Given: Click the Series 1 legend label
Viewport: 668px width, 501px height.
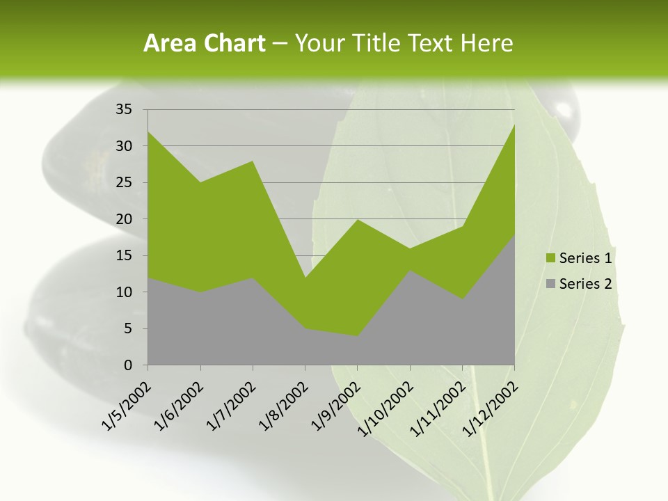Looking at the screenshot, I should pyautogui.click(x=585, y=258).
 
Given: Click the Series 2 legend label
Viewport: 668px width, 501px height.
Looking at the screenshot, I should pyautogui.click(x=585, y=283).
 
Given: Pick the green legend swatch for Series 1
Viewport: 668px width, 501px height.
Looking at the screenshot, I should pyautogui.click(x=551, y=258).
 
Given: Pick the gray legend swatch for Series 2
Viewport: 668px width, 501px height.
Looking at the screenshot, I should pyautogui.click(x=551, y=283).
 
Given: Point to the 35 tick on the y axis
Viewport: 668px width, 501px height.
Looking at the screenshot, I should pyautogui.click(x=124, y=109).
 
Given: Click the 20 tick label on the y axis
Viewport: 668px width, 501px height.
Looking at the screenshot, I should pyautogui.click(x=124, y=219).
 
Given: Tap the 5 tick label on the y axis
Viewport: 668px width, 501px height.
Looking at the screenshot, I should pyautogui.click(x=128, y=328).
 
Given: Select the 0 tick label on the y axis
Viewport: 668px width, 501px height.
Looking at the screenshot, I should pyautogui.click(x=128, y=365).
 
